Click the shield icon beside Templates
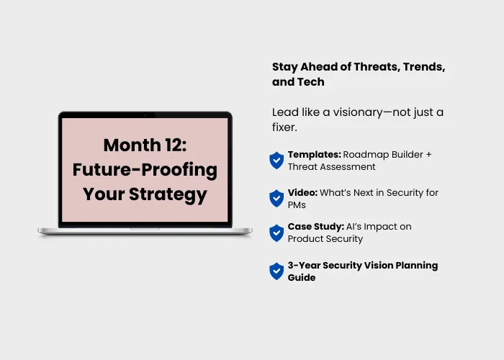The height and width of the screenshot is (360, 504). pos(276,161)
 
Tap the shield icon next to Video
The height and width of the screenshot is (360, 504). pos(276,198)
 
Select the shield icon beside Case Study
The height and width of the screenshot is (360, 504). pos(276,233)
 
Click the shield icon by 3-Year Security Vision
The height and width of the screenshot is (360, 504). pos(276,271)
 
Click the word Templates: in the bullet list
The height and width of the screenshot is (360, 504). pos(315,155)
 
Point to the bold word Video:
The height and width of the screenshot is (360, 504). pos(302,192)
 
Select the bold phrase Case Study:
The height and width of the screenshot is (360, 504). pos(316,227)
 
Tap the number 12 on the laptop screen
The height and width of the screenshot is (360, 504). pos(176,145)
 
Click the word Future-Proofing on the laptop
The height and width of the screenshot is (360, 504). pos(145,170)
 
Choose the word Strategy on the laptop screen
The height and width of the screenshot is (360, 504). pos(168,195)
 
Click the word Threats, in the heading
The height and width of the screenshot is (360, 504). pos(377,67)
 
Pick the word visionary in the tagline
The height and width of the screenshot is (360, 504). pos(358,112)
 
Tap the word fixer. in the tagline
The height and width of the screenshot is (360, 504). pos(284,127)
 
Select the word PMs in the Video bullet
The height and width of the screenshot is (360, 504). pos(297,205)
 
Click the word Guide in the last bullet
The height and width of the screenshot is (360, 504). pos(302,277)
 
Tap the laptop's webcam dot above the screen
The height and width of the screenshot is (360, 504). pos(145,115)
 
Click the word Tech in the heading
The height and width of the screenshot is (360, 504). pos(311,82)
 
